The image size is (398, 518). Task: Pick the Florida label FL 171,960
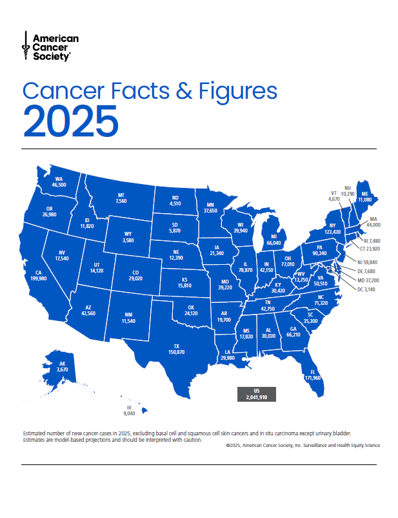pos(312,374)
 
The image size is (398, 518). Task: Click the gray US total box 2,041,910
pos(256,394)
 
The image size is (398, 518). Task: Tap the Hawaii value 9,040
pos(130,412)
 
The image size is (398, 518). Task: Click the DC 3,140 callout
pos(368,290)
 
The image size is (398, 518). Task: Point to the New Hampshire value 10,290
pos(348,194)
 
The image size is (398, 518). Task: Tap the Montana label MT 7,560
pos(121,198)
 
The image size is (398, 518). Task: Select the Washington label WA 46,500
pos(59,181)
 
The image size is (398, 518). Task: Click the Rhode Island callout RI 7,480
pos(369,240)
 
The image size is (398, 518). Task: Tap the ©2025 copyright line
pos(303,445)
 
